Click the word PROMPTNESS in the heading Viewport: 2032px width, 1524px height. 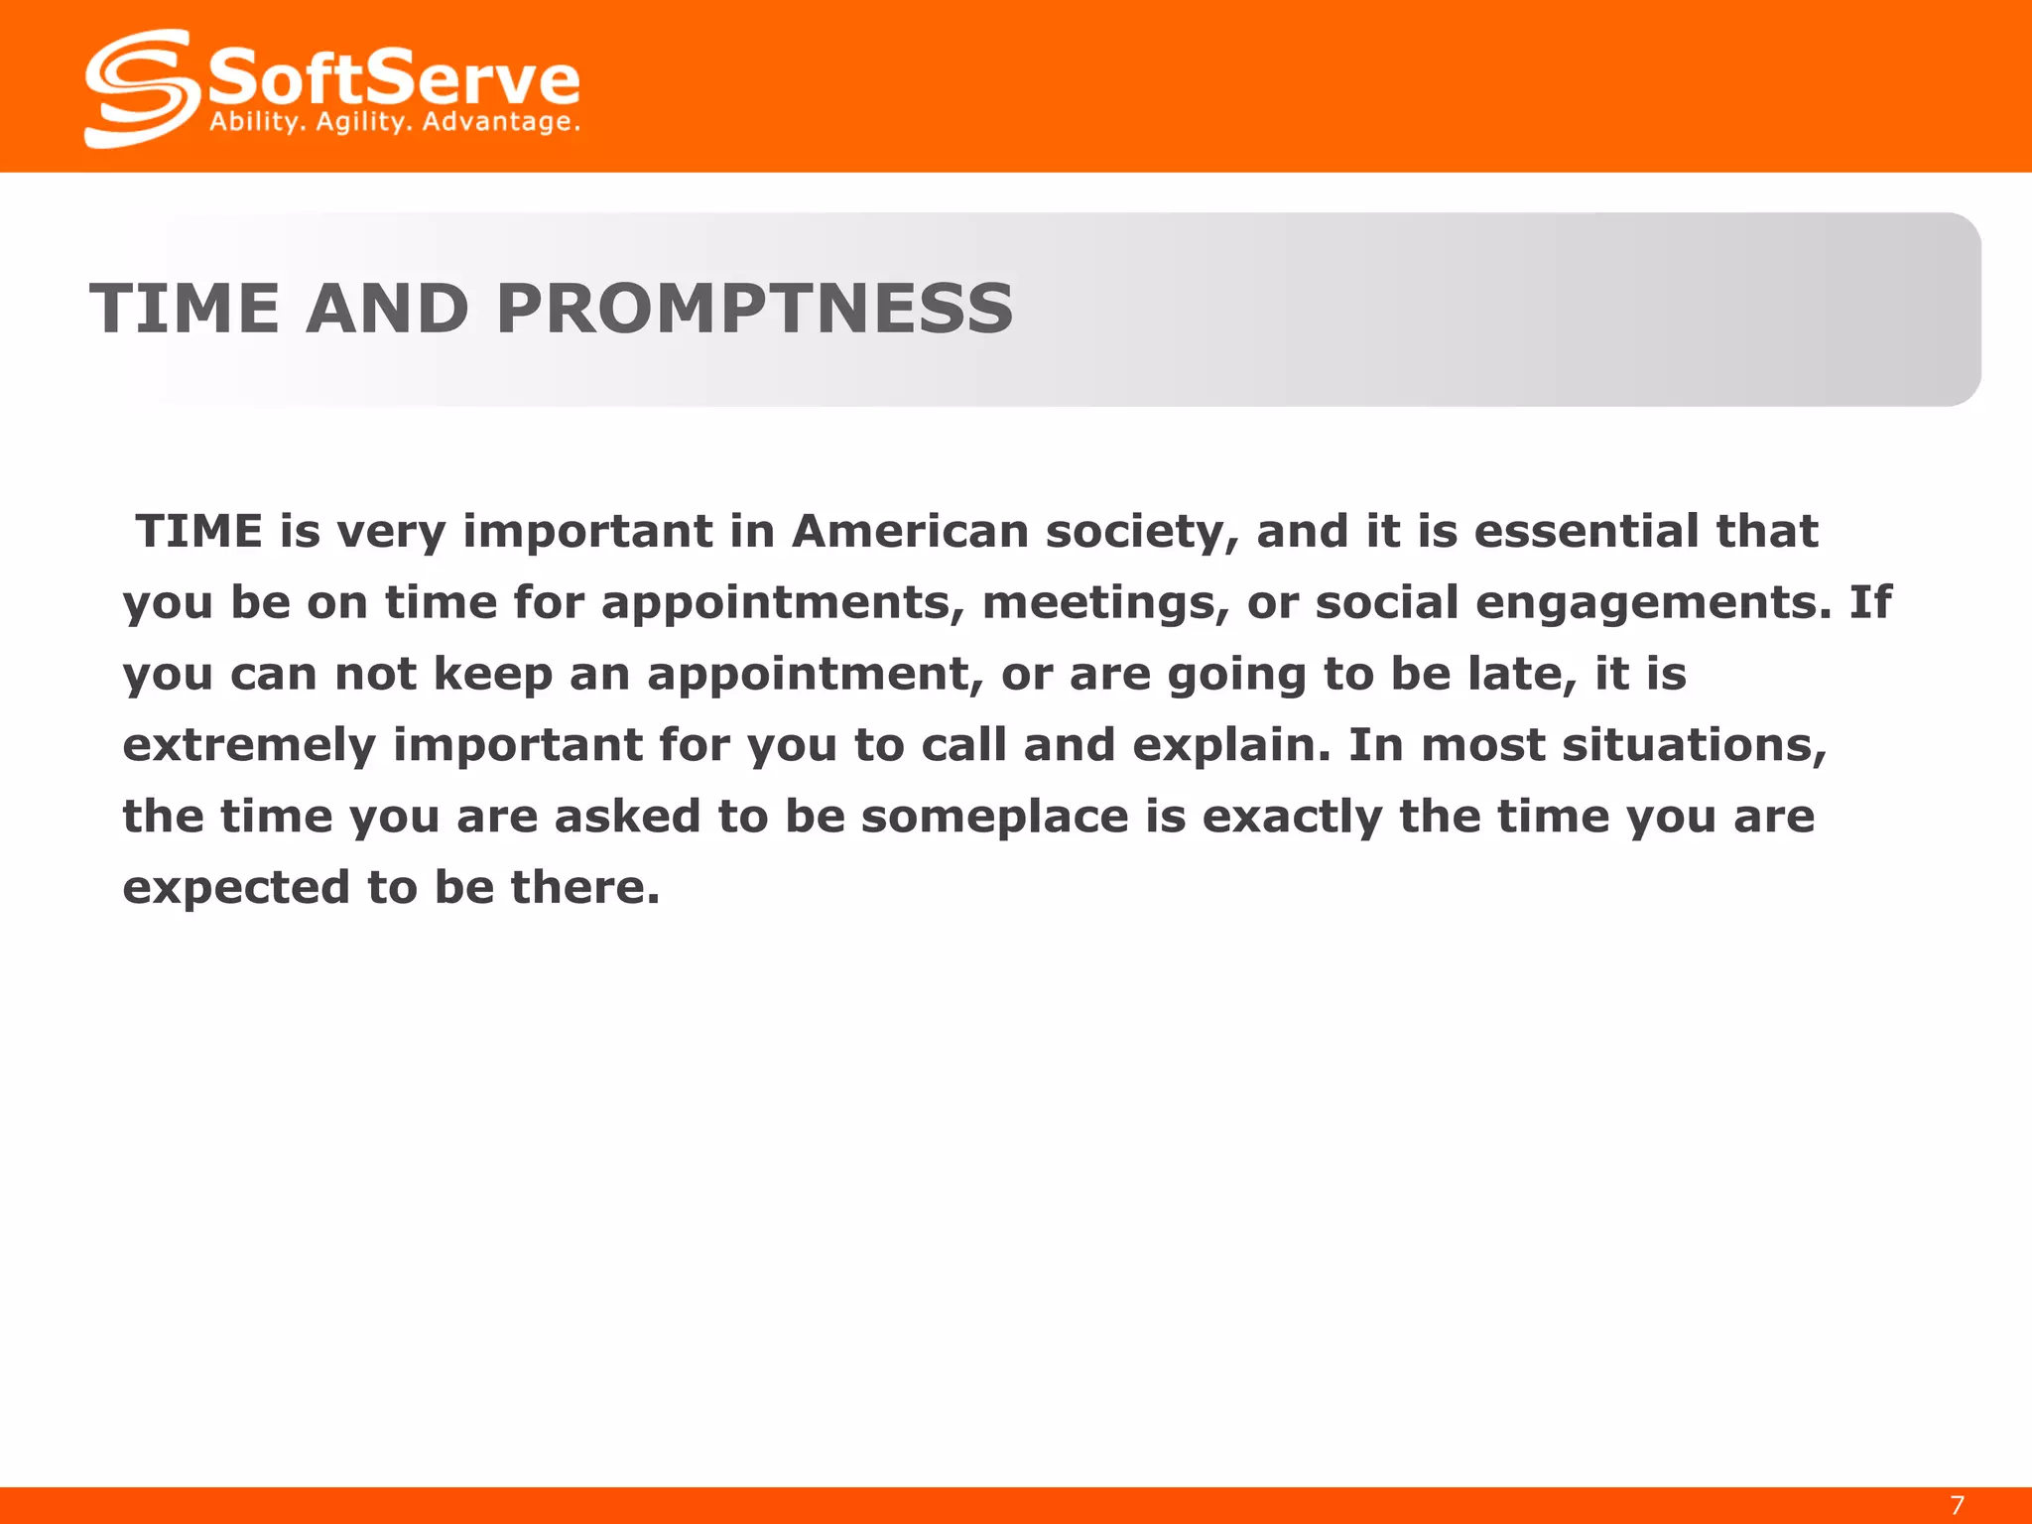tap(754, 308)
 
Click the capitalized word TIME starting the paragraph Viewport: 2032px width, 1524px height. tap(199, 531)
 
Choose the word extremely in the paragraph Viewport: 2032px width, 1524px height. tap(249, 746)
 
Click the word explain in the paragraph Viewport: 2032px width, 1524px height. tap(1230, 746)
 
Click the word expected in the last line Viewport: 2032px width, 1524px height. tap(236, 888)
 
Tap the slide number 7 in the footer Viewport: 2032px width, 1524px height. tap(1957, 1505)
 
